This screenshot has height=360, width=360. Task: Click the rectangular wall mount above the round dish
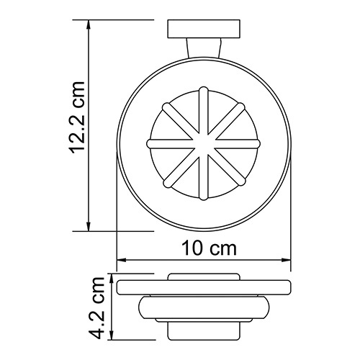tap(203, 30)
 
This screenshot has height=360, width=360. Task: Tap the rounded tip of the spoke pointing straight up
tap(203, 91)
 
